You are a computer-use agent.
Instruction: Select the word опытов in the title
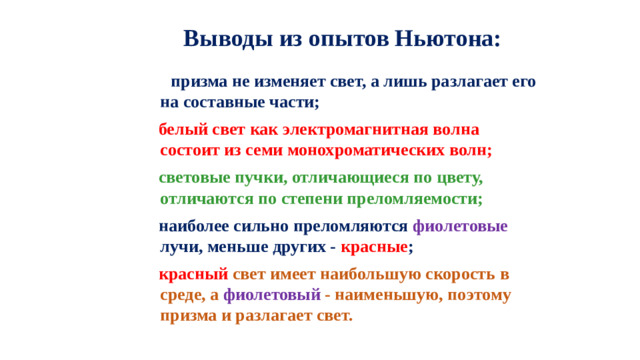341,40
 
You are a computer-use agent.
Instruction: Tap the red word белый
183,130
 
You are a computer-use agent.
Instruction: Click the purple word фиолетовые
460,226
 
